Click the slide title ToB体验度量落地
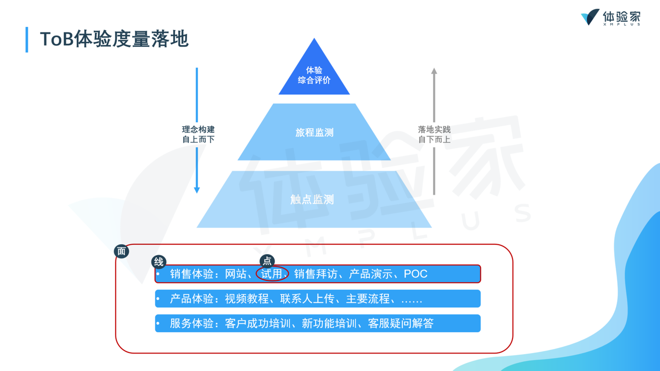point(114,40)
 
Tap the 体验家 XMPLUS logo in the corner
point(610,18)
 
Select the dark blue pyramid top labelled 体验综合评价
point(314,75)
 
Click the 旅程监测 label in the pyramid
point(314,132)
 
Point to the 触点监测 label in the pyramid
point(312,199)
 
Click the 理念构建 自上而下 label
point(198,134)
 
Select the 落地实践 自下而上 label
point(434,134)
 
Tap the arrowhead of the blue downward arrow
point(196,190)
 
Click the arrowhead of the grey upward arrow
point(434,71)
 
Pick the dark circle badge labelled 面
point(122,251)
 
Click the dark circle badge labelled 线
point(159,262)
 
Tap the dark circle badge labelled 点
point(267,261)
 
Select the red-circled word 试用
point(272,274)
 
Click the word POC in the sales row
point(416,274)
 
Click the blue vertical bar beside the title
point(27,40)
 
